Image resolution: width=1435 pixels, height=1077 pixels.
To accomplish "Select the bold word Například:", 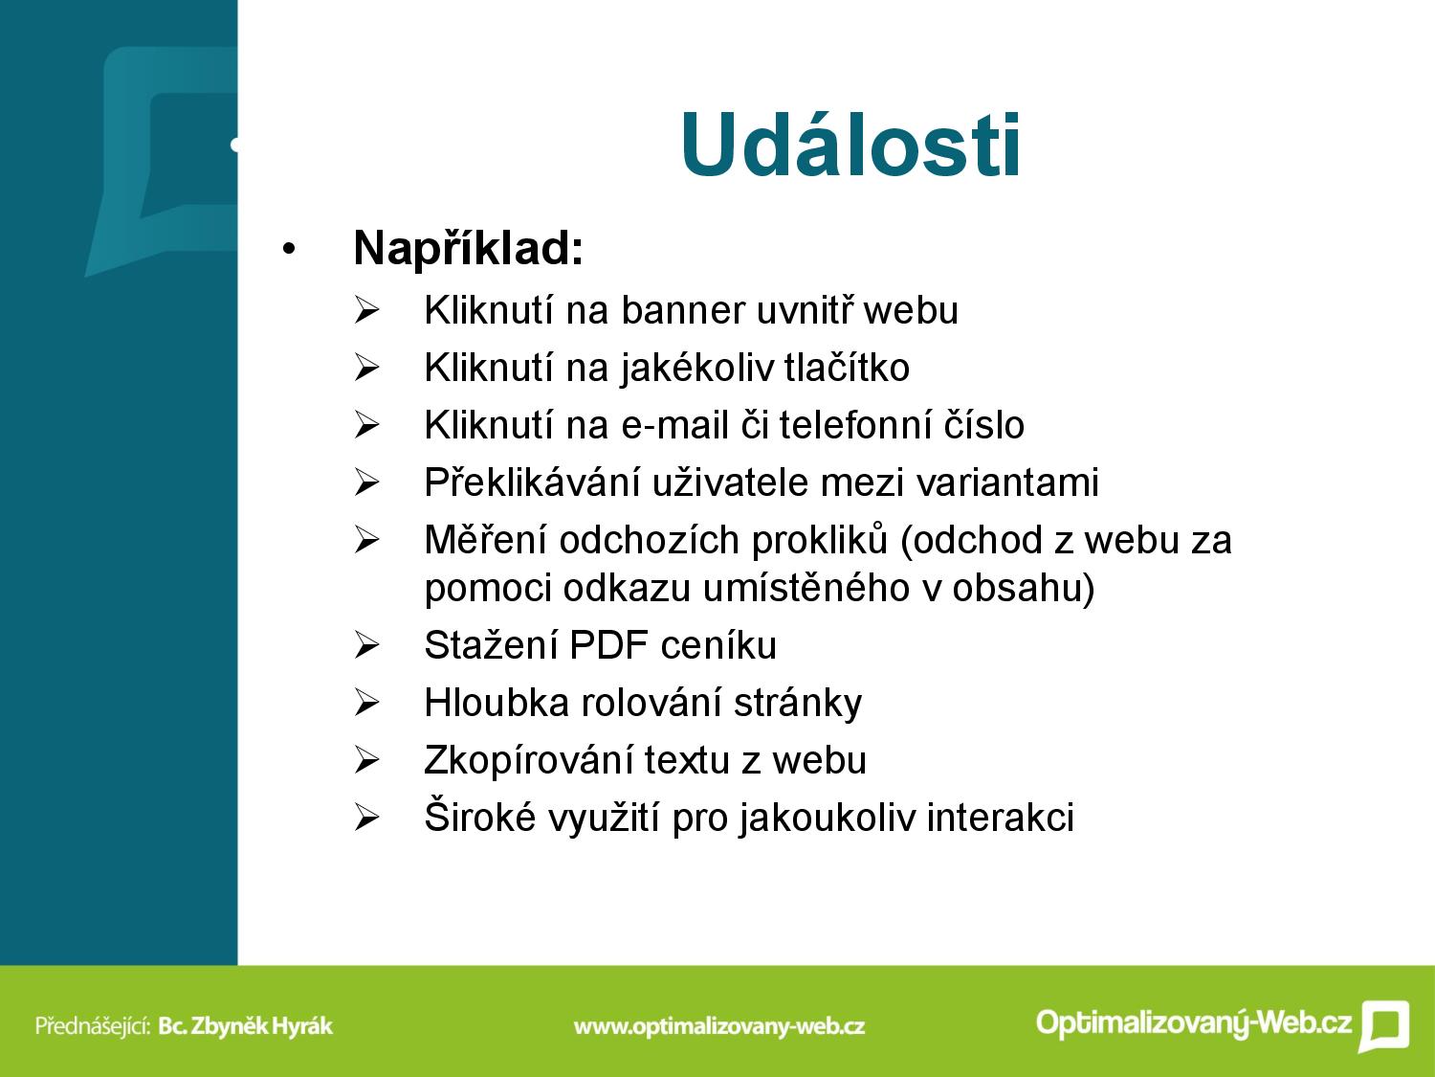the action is tap(468, 249).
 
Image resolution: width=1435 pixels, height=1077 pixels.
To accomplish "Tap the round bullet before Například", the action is tap(289, 249).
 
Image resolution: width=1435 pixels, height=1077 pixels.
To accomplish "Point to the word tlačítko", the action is tap(847, 368).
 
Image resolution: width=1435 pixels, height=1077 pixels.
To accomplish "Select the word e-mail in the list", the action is tap(674, 425).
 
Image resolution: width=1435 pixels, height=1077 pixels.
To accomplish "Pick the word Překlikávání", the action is tap(532, 483).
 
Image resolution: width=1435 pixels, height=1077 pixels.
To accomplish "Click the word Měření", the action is tap(486, 540).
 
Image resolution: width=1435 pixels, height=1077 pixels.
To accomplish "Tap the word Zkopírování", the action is tap(529, 761).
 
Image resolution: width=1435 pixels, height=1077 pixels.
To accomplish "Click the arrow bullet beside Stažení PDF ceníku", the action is tap(366, 646).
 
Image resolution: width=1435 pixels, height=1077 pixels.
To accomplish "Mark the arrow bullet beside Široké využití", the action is tap(366, 819).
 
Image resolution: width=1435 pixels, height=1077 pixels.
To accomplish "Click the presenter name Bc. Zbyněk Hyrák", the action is tap(246, 1026).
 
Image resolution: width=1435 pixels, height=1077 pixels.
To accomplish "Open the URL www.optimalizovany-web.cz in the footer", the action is tap(719, 1026).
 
